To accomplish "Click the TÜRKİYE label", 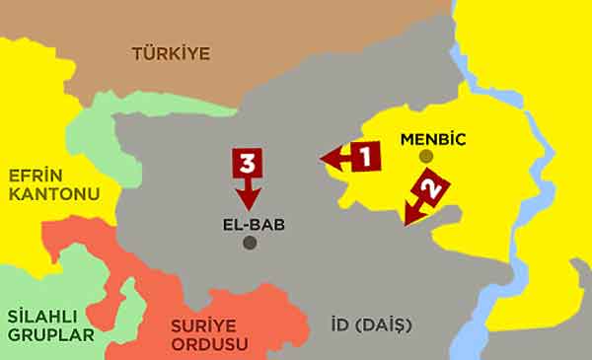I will click(x=171, y=53).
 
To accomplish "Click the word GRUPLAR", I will click(x=51, y=335).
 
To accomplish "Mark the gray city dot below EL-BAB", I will click(x=250, y=243).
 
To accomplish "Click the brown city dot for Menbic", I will click(x=425, y=156).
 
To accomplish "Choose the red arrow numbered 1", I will click(x=348, y=156).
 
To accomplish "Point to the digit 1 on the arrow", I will click(x=363, y=155).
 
